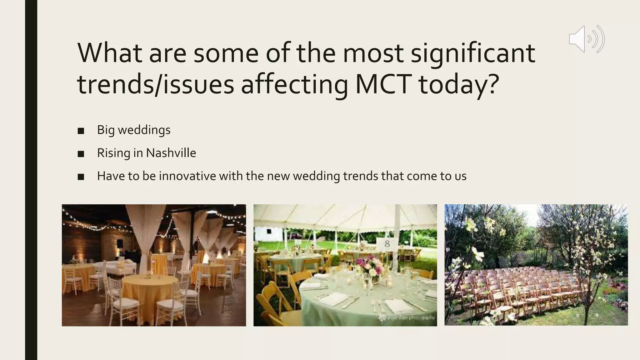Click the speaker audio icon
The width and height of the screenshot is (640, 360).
(587, 39)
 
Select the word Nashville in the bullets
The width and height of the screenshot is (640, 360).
(171, 153)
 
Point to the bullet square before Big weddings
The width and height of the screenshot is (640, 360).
(81, 131)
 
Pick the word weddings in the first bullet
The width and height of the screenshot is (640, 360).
(144, 130)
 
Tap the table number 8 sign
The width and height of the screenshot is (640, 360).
(387, 244)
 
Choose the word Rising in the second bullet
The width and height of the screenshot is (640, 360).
(113, 153)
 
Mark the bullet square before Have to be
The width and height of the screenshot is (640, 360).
(81, 177)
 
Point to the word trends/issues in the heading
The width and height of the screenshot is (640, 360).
(155, 84)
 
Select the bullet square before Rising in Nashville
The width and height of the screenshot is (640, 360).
(81, 154)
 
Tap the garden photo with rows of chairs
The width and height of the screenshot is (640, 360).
(536, 265)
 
